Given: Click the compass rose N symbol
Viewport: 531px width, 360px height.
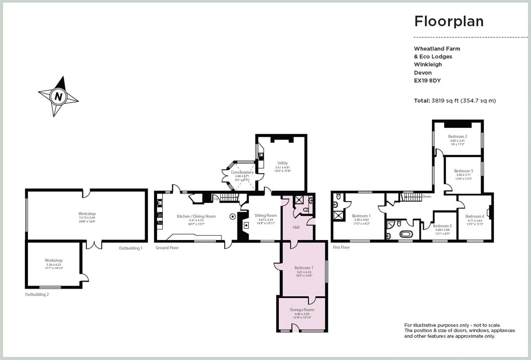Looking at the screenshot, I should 58,96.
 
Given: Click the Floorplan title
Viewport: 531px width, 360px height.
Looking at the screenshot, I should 449,21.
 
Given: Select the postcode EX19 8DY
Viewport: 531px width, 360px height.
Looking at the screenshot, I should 427,81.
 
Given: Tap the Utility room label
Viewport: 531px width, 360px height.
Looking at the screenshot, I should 282,163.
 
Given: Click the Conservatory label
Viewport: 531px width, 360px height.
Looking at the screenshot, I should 242,172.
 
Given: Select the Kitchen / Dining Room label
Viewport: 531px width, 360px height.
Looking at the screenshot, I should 196,216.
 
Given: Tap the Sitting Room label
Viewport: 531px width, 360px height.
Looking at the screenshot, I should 265,216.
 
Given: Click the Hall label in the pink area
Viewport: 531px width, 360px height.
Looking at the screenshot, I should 296,227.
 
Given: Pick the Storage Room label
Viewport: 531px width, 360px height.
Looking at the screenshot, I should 302,310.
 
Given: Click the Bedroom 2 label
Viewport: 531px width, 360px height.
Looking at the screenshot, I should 458,136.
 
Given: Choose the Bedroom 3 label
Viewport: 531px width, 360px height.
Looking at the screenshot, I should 463,171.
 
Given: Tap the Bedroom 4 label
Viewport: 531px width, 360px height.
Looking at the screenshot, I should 475,216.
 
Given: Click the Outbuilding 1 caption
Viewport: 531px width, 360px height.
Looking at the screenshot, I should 131,248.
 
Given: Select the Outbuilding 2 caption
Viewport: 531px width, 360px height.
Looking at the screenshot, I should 37,294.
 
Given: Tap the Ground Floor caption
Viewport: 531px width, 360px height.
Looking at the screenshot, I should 167,248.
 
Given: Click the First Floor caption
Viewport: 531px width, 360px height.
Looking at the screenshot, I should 341,247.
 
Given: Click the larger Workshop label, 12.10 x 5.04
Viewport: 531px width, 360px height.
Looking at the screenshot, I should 87,214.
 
